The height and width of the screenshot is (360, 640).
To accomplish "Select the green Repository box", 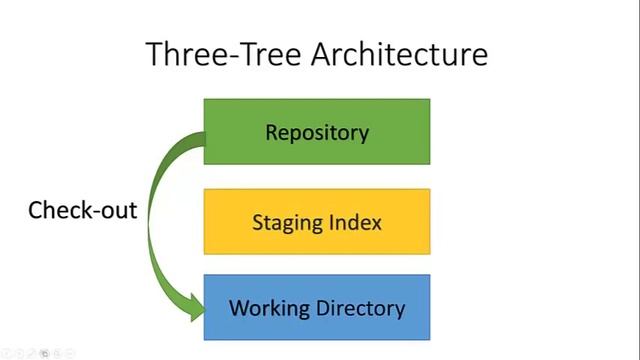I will pyautogui.click(x=317, y=131).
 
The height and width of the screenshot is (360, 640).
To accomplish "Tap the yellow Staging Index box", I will pyautogui.click(x=317, y=221).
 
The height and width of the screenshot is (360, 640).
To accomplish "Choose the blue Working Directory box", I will pyautogui.click(x=317, y=307).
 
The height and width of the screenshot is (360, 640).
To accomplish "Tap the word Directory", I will pyautogui.click(x=357, y=308).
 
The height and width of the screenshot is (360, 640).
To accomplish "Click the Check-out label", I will pyautogui.click(x=82, y=210).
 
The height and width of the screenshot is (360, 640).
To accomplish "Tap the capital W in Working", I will pyautogui.click(x=239, y=307).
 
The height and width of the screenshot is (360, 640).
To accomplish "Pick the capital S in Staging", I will pyautogui.click(x=257, y=221).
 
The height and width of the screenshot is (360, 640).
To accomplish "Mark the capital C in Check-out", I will pyautogui.click(x=35, y=210).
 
